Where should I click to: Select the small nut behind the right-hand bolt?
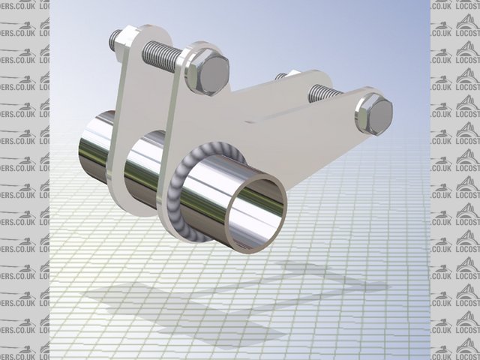click(282, 76)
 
